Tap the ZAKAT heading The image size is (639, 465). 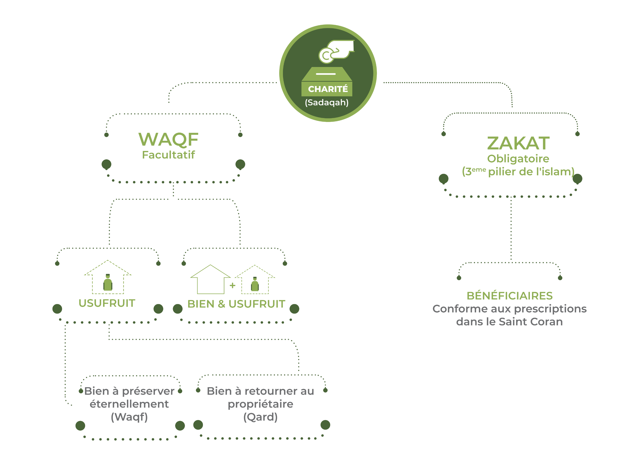518,143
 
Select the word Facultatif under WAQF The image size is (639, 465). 168,155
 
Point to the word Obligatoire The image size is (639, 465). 518,159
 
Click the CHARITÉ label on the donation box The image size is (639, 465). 328,89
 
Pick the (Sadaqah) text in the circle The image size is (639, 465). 327,102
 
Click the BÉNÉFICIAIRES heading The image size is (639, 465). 509,296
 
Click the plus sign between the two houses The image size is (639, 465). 232,286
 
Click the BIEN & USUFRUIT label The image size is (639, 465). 236,304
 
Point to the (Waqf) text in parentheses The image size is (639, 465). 129,417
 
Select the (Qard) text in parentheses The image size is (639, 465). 260,417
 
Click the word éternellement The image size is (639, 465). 129,404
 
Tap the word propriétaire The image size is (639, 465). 260,404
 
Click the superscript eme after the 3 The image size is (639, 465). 479,169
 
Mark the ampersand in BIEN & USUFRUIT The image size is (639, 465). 221,304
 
